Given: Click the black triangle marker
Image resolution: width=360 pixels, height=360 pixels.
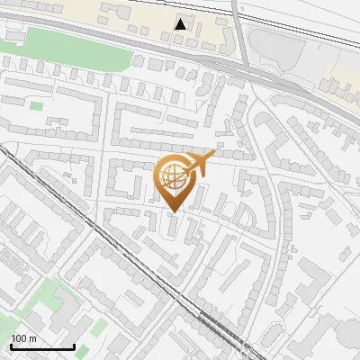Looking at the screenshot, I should pos(181,23).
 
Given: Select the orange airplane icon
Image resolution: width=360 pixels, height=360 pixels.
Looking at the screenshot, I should pos(198,163).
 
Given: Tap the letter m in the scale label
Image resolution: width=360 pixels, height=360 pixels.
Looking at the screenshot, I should pos(32,338).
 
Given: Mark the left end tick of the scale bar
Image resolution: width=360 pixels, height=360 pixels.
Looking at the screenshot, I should pos(11,346).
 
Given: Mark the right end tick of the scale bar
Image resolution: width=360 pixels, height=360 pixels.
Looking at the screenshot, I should pos(74,346).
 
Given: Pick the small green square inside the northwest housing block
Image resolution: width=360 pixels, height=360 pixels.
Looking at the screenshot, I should pos(36,106).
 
